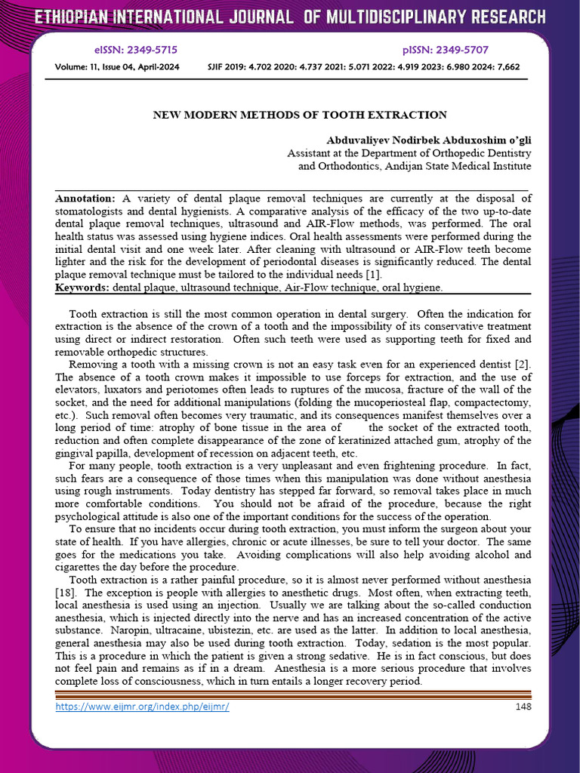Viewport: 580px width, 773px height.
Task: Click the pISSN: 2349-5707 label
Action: (446, 50)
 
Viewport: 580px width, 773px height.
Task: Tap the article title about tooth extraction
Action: (300, 115)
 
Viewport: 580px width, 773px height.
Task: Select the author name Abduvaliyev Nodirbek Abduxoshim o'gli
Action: (428, 141)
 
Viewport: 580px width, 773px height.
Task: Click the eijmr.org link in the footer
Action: (142, 707)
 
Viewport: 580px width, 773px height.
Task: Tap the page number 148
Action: (523, 707)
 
